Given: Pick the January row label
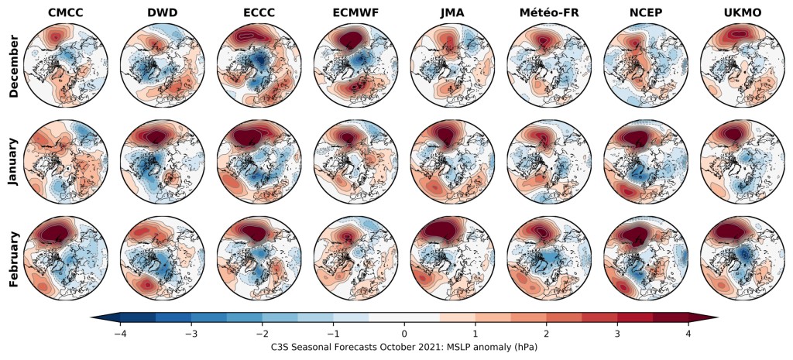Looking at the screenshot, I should (13, 164).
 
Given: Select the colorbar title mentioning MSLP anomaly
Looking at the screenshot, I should (404, 348).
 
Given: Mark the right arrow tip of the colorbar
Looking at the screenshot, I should (716, 318).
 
